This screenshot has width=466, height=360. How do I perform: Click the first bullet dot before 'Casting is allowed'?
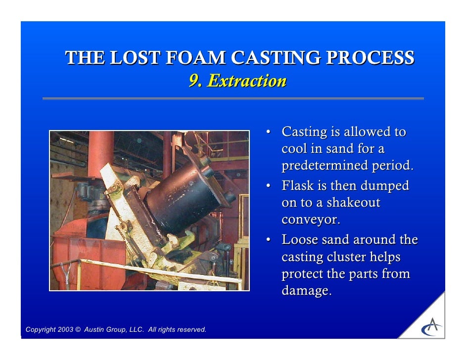pyautogui.click(x=268, y=133)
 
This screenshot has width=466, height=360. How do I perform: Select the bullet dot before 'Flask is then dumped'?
pyautogui.click(x=268, y=186)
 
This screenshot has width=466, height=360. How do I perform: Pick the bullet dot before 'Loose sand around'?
pyautogui.click(x=268, y=240)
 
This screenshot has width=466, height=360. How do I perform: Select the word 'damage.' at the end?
pyautogui.click(x=306, y=291)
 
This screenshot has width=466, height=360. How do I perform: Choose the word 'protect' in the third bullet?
pyautogui.click(x=304, y=274)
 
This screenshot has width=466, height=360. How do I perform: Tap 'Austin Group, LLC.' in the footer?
pyautogui.click(x=115, y=330)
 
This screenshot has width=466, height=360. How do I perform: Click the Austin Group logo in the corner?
pyautogui.click(x=431, y=327)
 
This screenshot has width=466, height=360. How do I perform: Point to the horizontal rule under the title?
pyautogui.click(x=233, y=98)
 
